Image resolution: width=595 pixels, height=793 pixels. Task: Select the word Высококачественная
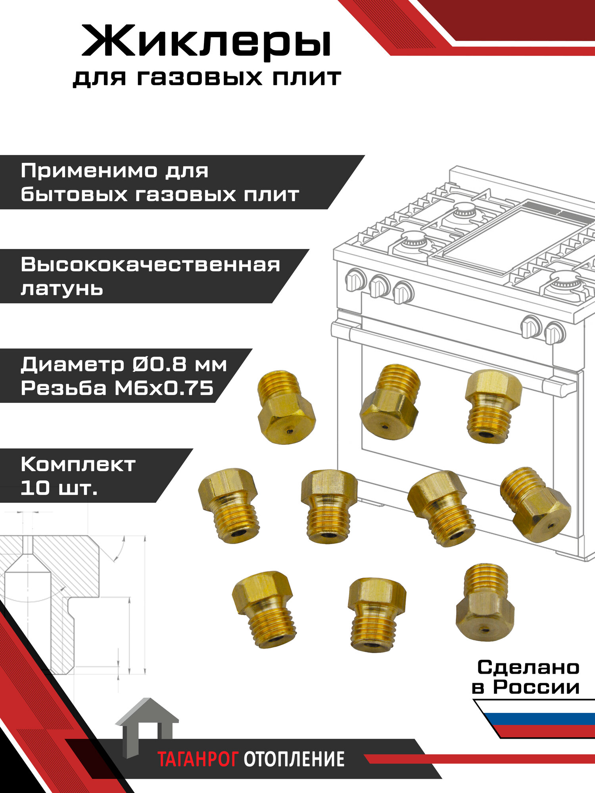point(150,264)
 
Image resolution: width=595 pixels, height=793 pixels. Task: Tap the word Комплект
point(78,464)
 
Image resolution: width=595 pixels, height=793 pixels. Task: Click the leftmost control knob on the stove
point(355,280)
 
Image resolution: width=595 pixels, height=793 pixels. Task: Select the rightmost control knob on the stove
point(554,333)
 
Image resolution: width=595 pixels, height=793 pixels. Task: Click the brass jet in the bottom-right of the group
point(485,602)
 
